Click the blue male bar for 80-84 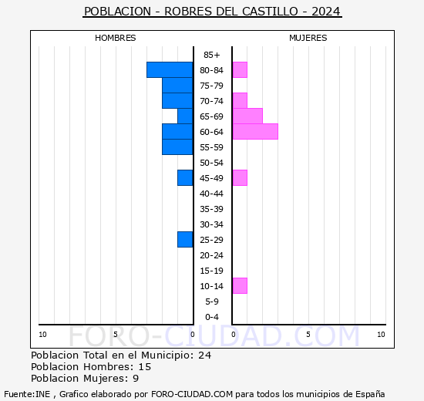170,70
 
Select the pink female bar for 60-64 254,132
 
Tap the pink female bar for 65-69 247,116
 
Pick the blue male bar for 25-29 185,240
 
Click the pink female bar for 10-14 239,286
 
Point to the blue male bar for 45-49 185,178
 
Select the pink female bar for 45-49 239,178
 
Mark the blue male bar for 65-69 185,116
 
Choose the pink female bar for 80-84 239,70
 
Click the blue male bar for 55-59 177,147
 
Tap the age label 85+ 212,55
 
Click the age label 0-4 212,317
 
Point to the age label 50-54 212,163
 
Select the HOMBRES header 116,38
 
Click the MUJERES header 308,38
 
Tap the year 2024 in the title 327,12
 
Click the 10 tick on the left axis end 42,334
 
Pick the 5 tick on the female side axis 308,334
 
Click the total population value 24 204,356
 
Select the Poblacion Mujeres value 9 136,379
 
